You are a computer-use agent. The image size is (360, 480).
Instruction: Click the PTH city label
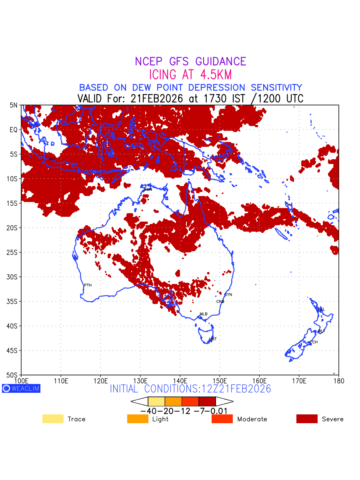pos(88,285)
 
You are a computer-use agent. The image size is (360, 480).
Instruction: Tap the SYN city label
pos(228,295)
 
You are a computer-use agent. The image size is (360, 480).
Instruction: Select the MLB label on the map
pos(204,314)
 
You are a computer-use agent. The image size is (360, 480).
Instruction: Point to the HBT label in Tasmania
pos(213,339)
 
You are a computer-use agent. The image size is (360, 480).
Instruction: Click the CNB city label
pos(220,302)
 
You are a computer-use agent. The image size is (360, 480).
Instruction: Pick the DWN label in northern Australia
pos(148,189)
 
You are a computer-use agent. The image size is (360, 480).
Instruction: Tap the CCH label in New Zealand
pos(314,342)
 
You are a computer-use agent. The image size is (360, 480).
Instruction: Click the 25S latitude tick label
pos(13,252)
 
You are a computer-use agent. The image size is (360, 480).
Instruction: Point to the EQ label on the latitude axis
pos(14,130)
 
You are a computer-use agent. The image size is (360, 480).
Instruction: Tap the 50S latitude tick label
pos(13,375)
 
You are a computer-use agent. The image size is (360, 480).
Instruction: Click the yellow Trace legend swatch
pos(53,419)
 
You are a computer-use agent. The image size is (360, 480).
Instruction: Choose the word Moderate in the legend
pos(252,419)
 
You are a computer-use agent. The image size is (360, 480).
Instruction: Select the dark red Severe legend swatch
pos(307,419)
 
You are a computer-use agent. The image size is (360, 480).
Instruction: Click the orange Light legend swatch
pos(138,419)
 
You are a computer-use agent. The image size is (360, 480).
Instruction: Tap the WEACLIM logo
pos(21,388)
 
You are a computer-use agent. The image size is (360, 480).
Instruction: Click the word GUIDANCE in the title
pos(220,62)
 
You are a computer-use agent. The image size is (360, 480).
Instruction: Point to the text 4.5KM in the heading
pos(213,75)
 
